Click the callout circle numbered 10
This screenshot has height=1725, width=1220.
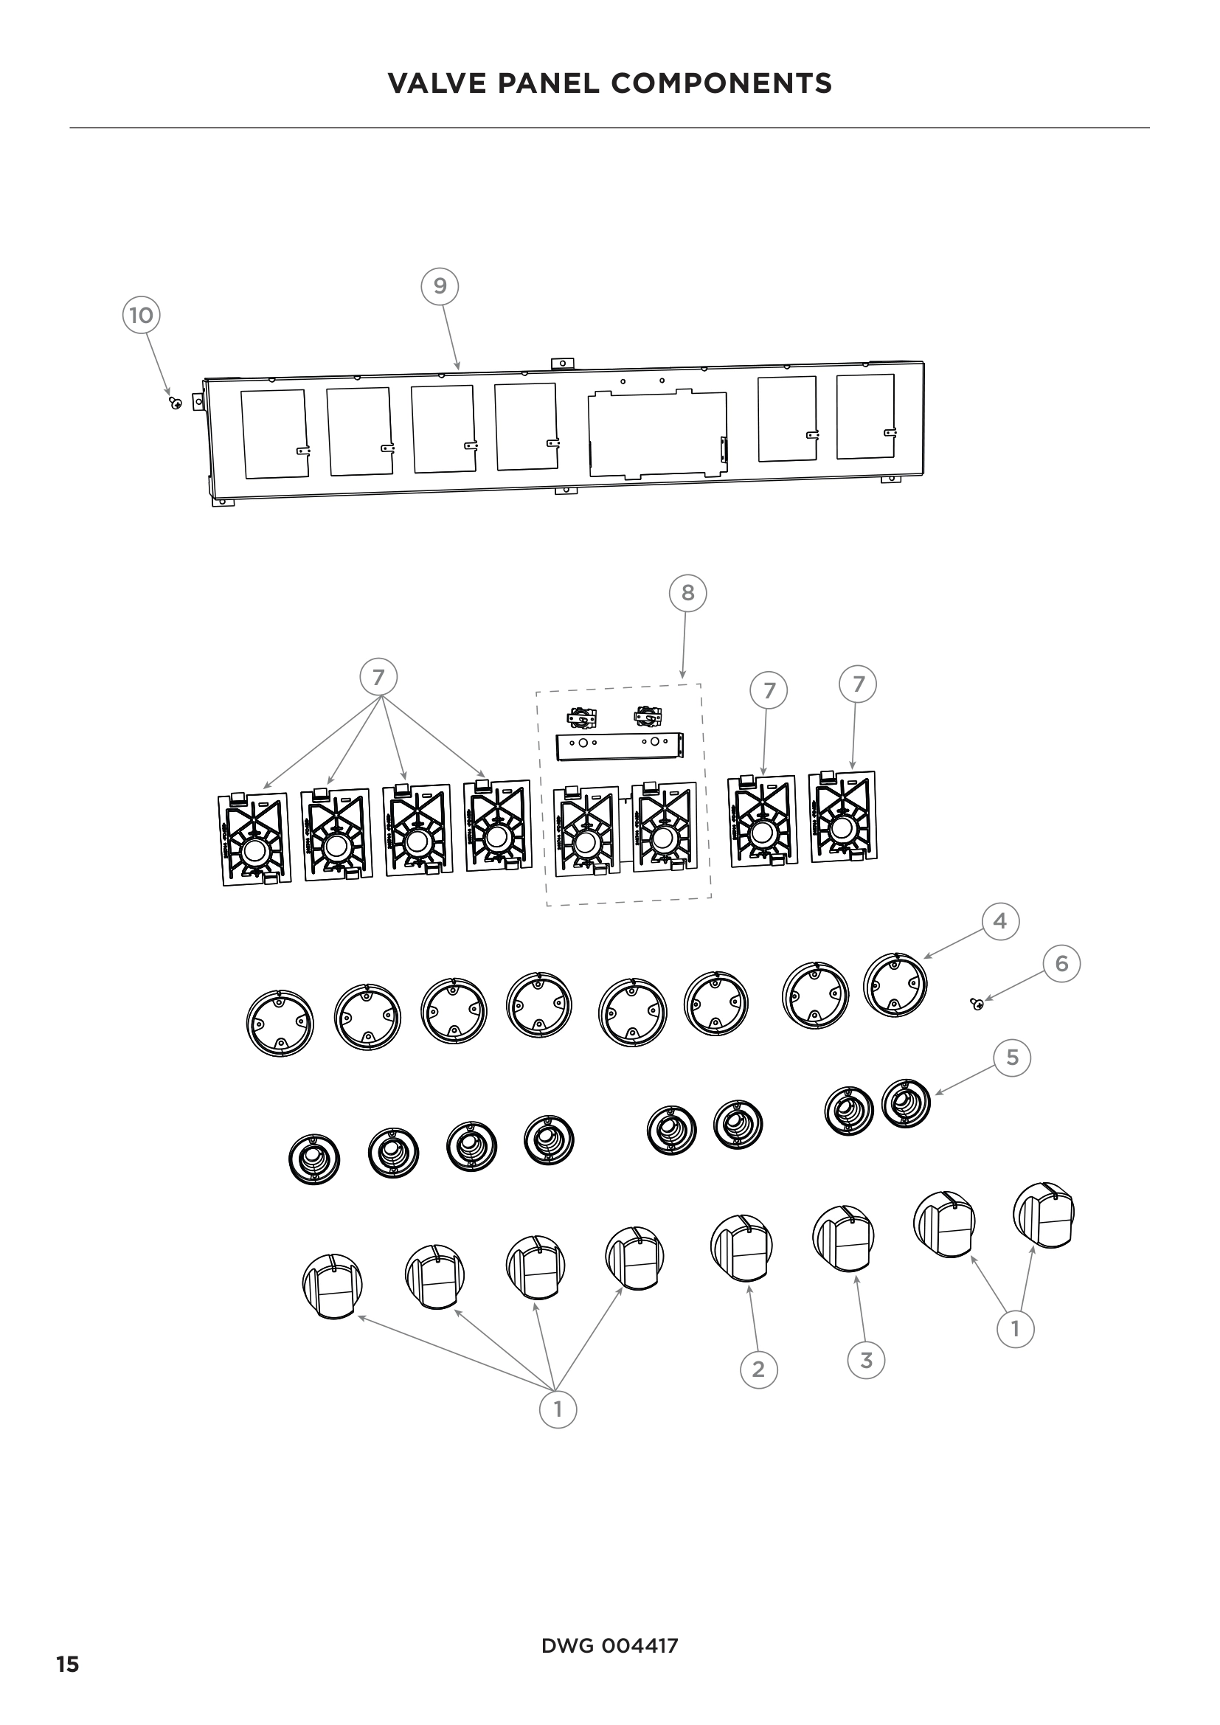tap(141, 315)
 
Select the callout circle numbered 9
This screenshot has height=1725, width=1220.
tap(440, 285)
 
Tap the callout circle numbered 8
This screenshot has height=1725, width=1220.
tap(687, 593)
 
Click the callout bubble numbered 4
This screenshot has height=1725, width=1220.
tap(1000, 921)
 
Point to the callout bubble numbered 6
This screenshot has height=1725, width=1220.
tap(1061, 963)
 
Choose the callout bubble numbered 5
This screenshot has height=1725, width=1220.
tap(1012, 1058)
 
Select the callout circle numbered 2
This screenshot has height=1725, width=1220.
tap(758, 1369)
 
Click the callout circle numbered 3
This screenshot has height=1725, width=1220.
tap(865, 1360)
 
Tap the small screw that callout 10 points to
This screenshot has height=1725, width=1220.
tap(176, 403)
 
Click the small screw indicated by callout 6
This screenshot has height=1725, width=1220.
tap(977, 1004)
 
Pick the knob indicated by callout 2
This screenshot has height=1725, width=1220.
tap(741, 1248)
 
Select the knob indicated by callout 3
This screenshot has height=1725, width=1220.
tap(844, 1239)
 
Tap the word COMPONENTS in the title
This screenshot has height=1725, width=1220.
tap(721, 83)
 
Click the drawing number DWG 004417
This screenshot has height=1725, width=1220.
tap(609, 1646)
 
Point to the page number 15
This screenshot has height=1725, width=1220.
tap(68, 1665)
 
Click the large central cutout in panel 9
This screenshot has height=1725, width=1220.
tap(657, 434)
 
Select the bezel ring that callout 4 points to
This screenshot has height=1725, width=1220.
tap(895, 985)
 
